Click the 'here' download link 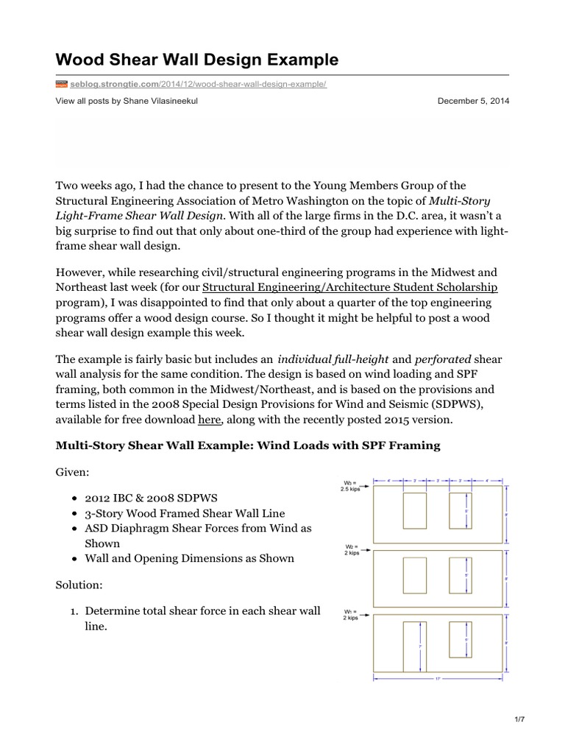207,419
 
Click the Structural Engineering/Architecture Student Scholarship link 349,286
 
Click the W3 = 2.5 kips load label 349,486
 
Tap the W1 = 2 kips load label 350,615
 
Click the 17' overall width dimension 438,679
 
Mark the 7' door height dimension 420,646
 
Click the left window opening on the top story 415,510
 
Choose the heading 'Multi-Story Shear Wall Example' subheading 247,445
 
